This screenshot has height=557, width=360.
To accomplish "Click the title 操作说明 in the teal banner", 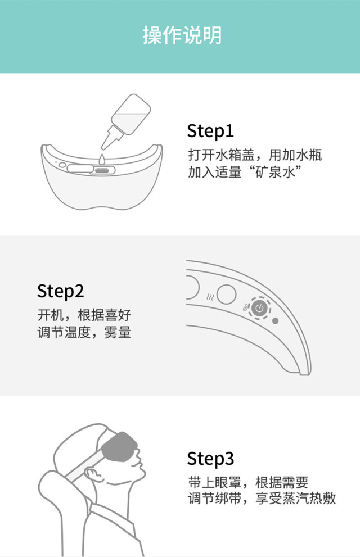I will click(182, 35).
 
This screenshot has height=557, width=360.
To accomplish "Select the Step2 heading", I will click(60, 291).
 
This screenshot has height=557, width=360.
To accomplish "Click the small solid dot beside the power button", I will click(276, 321).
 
